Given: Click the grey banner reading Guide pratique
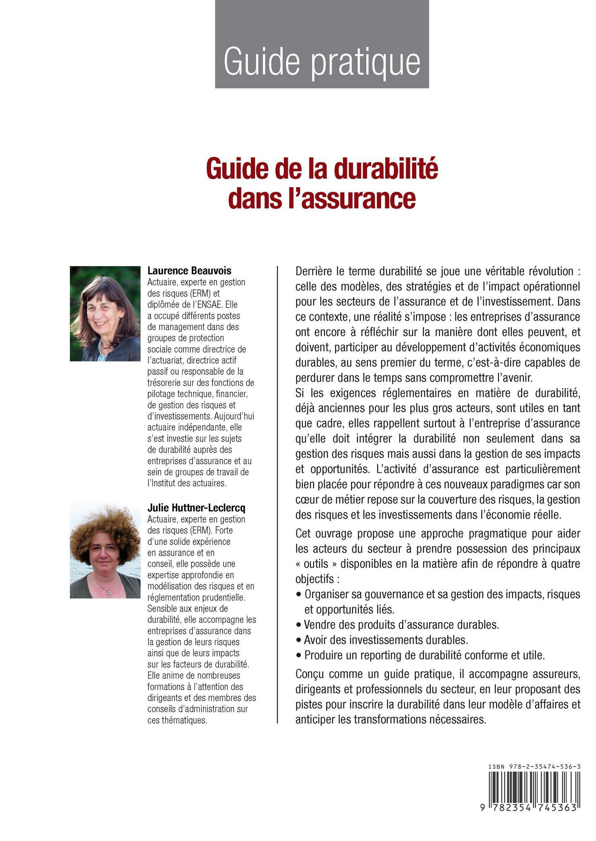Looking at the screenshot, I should tap(322, 44).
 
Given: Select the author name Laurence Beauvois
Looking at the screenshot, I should tap(189, 271).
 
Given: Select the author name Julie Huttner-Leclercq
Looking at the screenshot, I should tap(196, 508).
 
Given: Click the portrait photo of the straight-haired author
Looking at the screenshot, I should tap(105, 314).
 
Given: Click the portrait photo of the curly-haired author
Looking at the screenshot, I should tap(105, 551).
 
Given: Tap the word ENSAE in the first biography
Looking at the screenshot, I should tap(205, 305).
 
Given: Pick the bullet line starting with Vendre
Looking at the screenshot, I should tap(401, 624).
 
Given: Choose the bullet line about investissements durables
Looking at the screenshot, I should tap(386, 640).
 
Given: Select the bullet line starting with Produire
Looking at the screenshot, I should tap(424, 655).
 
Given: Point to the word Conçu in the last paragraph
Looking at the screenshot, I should tap(309, 674).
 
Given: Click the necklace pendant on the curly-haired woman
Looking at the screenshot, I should tap(110, 592).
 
